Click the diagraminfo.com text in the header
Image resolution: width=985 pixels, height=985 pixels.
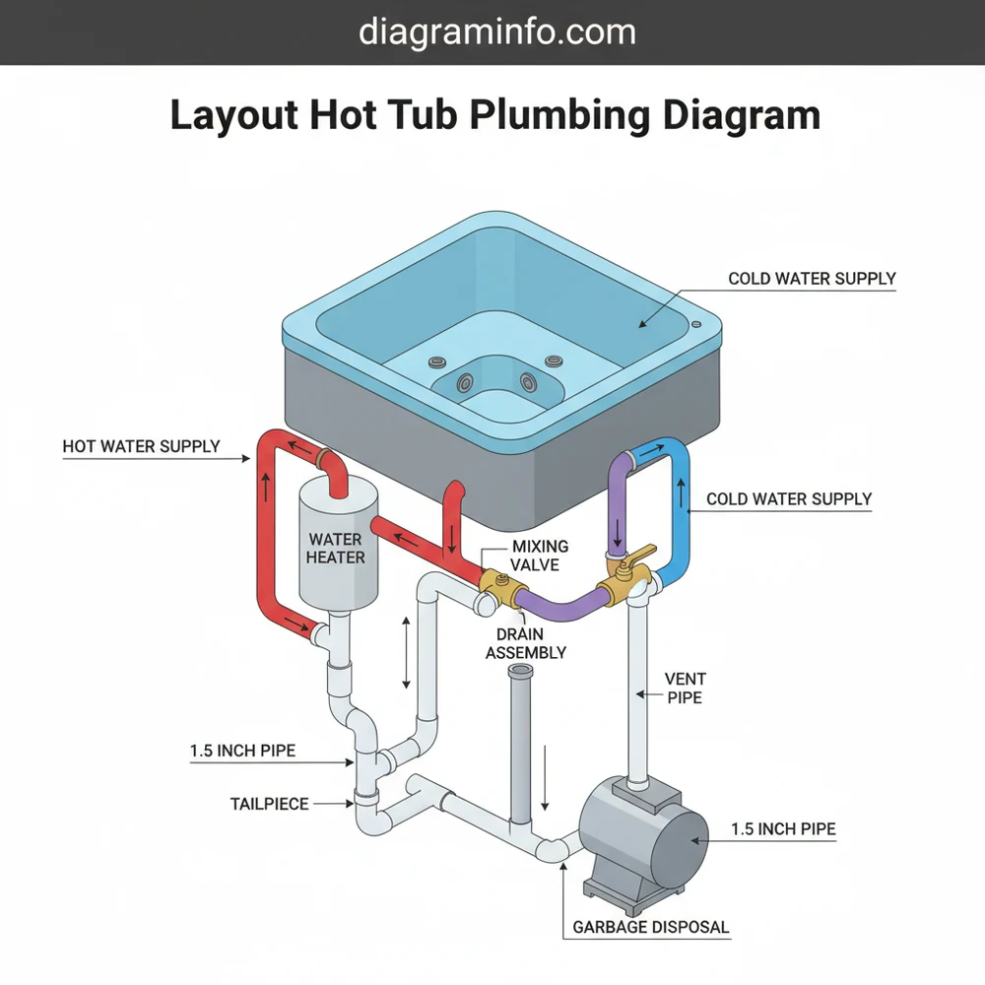click(496, 32)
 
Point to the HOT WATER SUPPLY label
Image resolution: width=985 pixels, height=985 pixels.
click(141, 446)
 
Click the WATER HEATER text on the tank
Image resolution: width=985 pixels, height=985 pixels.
click(336, 548)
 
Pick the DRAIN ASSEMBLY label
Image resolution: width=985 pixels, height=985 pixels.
click(526, 643)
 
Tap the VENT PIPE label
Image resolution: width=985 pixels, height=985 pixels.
click(685, 688)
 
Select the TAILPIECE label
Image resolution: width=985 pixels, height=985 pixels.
click(270, 804)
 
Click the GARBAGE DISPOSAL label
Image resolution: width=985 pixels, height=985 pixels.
click(651, 927)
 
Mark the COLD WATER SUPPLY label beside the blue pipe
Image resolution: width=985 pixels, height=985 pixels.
click(789, 498)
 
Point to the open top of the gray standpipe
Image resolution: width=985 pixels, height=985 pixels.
click(520, 672)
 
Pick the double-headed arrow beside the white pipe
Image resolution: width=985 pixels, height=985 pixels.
click(406, 653)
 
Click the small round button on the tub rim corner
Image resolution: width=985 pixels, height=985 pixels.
click(697, 324)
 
